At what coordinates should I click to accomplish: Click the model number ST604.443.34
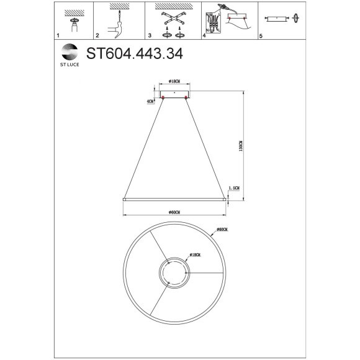pos(135,54)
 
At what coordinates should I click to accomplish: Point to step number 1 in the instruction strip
pos(58,37)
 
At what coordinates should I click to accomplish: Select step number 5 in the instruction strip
pos(261,37)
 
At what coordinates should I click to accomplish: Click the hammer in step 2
pos(114,27)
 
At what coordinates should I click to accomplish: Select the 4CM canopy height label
pos(150,101)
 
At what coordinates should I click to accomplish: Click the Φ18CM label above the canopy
pos(174,82)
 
